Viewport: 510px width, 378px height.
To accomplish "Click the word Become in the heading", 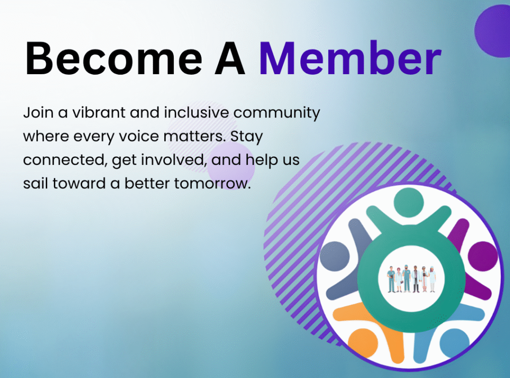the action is (114, 59).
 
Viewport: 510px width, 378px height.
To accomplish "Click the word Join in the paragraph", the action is (38, 113).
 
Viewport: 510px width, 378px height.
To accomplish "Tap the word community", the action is (277, 113).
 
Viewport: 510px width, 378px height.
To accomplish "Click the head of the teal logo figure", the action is (408, 202).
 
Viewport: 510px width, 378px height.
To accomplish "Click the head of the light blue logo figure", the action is (454, 344).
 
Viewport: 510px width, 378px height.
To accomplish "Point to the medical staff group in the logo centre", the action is (411, 279).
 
